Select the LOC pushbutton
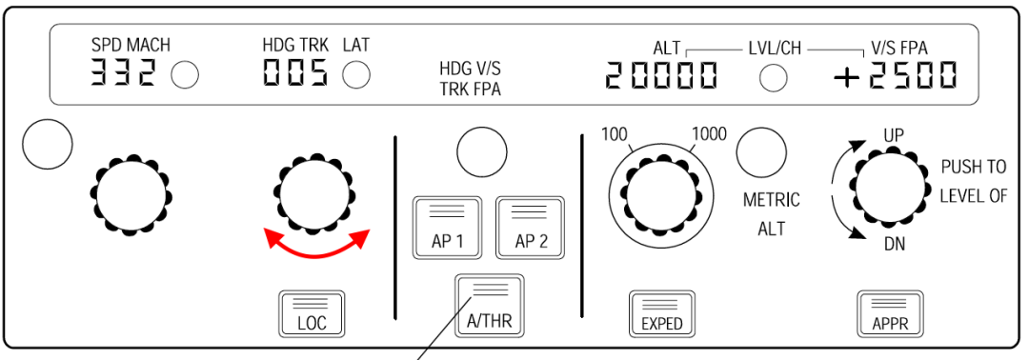click(x=312, y=313)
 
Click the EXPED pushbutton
click(x=661, y=313)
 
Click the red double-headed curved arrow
click(x=315, y=244)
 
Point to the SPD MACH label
click(x=131, y=46)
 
